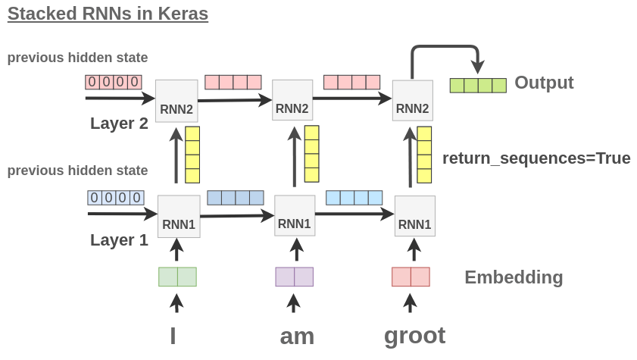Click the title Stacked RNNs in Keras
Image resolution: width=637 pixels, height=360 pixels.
tap(108, 14)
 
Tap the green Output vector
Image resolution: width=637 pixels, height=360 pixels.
tap(478, 85)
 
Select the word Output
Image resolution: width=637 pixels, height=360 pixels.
tap(544, 83)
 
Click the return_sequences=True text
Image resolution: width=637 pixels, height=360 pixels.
tap(536, 158)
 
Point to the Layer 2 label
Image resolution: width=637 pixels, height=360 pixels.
tap(119, 124)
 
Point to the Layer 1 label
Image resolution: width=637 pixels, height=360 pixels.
tap(119, 240)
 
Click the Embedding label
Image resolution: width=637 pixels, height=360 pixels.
tap(514, 277)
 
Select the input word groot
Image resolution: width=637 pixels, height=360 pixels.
tap(414, 334)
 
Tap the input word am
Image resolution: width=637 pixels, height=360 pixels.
tap(297, 336)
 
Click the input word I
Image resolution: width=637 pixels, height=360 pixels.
tap(173, 335)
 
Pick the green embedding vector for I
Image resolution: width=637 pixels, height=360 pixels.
tap(177, 277)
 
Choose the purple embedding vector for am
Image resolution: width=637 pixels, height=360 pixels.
tap(294, 277)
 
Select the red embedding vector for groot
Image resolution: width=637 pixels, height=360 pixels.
tap(411, 277)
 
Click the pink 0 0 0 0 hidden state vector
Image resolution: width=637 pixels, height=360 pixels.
tap(114, 82)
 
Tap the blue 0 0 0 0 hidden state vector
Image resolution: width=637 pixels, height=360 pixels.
tap(116, 198)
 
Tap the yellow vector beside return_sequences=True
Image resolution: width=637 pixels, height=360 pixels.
tap(424, 155)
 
